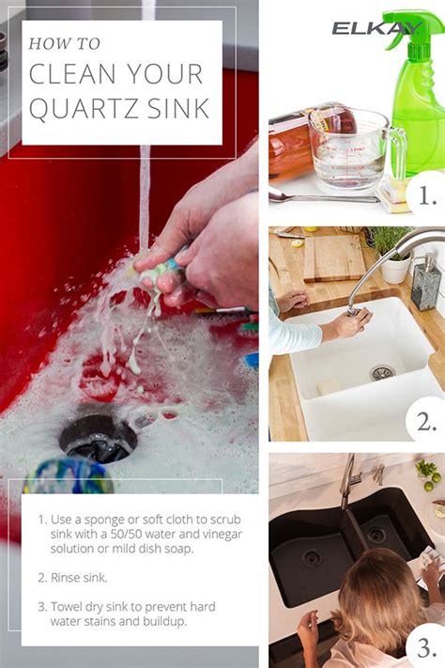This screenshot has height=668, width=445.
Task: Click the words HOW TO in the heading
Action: click(64, 43)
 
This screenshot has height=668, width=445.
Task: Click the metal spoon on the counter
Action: click(324, 196)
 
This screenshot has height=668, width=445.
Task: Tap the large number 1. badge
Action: click(427, 195)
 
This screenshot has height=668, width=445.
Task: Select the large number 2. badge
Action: click(426, 422)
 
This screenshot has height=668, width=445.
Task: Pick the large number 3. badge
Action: click(426, 647)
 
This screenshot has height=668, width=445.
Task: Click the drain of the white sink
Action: click(382, 373)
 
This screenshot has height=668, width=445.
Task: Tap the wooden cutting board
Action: click(334, 257)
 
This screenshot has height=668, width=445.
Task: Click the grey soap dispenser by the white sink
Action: click(426, 283)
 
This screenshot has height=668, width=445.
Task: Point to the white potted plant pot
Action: click(396, 269)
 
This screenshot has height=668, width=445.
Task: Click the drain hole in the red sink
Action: click(99, 439)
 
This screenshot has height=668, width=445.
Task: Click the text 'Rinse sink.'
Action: click(79, 578)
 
